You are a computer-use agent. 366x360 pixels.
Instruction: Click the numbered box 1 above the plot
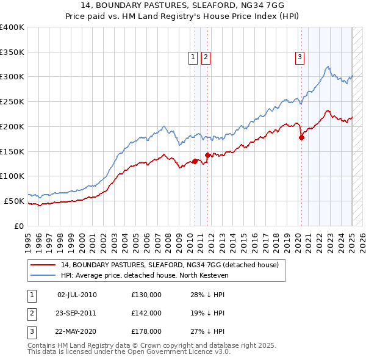[x=193, y=58]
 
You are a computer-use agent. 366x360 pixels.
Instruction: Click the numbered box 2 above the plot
[x=206, y=58]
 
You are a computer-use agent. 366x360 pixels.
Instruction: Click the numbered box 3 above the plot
[x=300, y=58]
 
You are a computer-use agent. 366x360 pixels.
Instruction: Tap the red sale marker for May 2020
[x=301, y=137]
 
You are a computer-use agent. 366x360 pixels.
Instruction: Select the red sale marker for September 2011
[x=208, y=155]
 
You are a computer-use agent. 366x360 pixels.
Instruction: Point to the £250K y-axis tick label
[x=12, y=102]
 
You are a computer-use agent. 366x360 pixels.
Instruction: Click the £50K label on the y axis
[x=14, y=201]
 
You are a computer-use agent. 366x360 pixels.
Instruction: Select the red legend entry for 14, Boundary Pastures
[x=170, y=265]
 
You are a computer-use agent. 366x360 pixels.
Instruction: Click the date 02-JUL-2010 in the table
[x=76, y=295]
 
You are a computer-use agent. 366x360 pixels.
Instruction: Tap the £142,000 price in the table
[x=146, y=314]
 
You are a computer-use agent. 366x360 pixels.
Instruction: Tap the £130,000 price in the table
[x=146, y=295]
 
